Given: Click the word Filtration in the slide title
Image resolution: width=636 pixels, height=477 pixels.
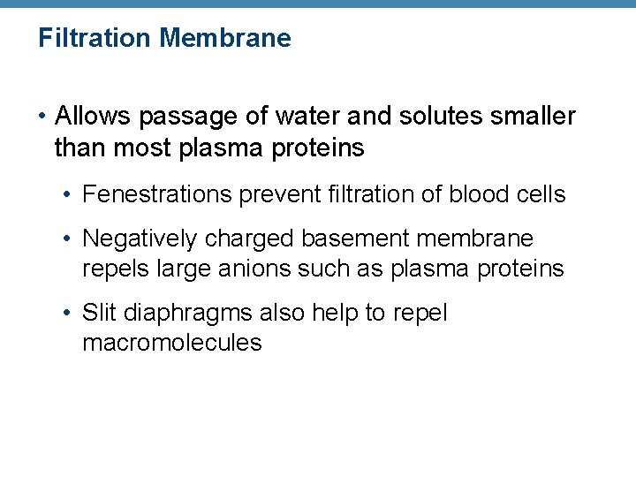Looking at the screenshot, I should (95, 38).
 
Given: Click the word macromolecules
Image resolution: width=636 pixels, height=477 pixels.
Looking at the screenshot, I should (171, 343).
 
